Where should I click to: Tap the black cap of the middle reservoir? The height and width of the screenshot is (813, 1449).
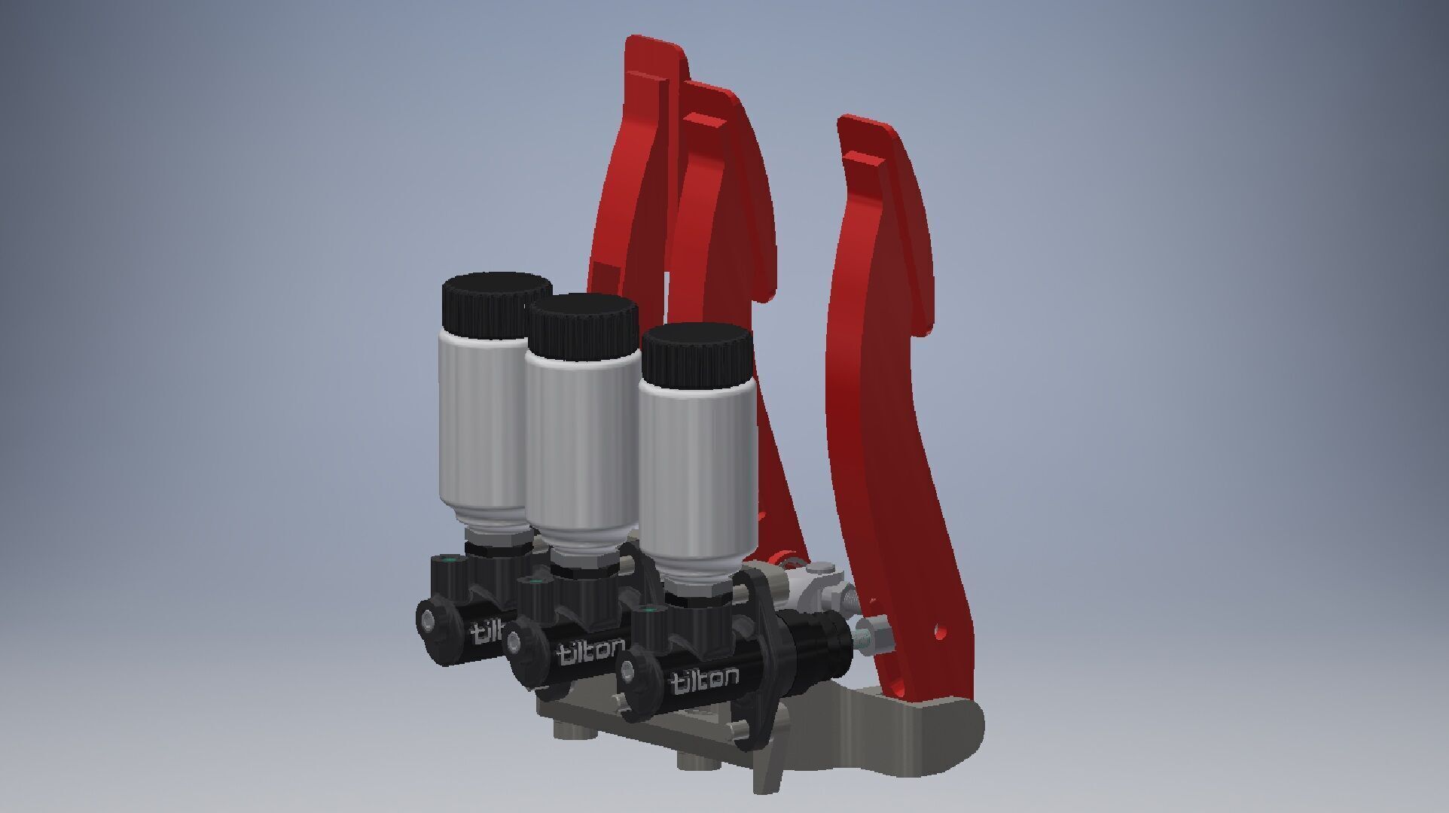pos(581,324)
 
